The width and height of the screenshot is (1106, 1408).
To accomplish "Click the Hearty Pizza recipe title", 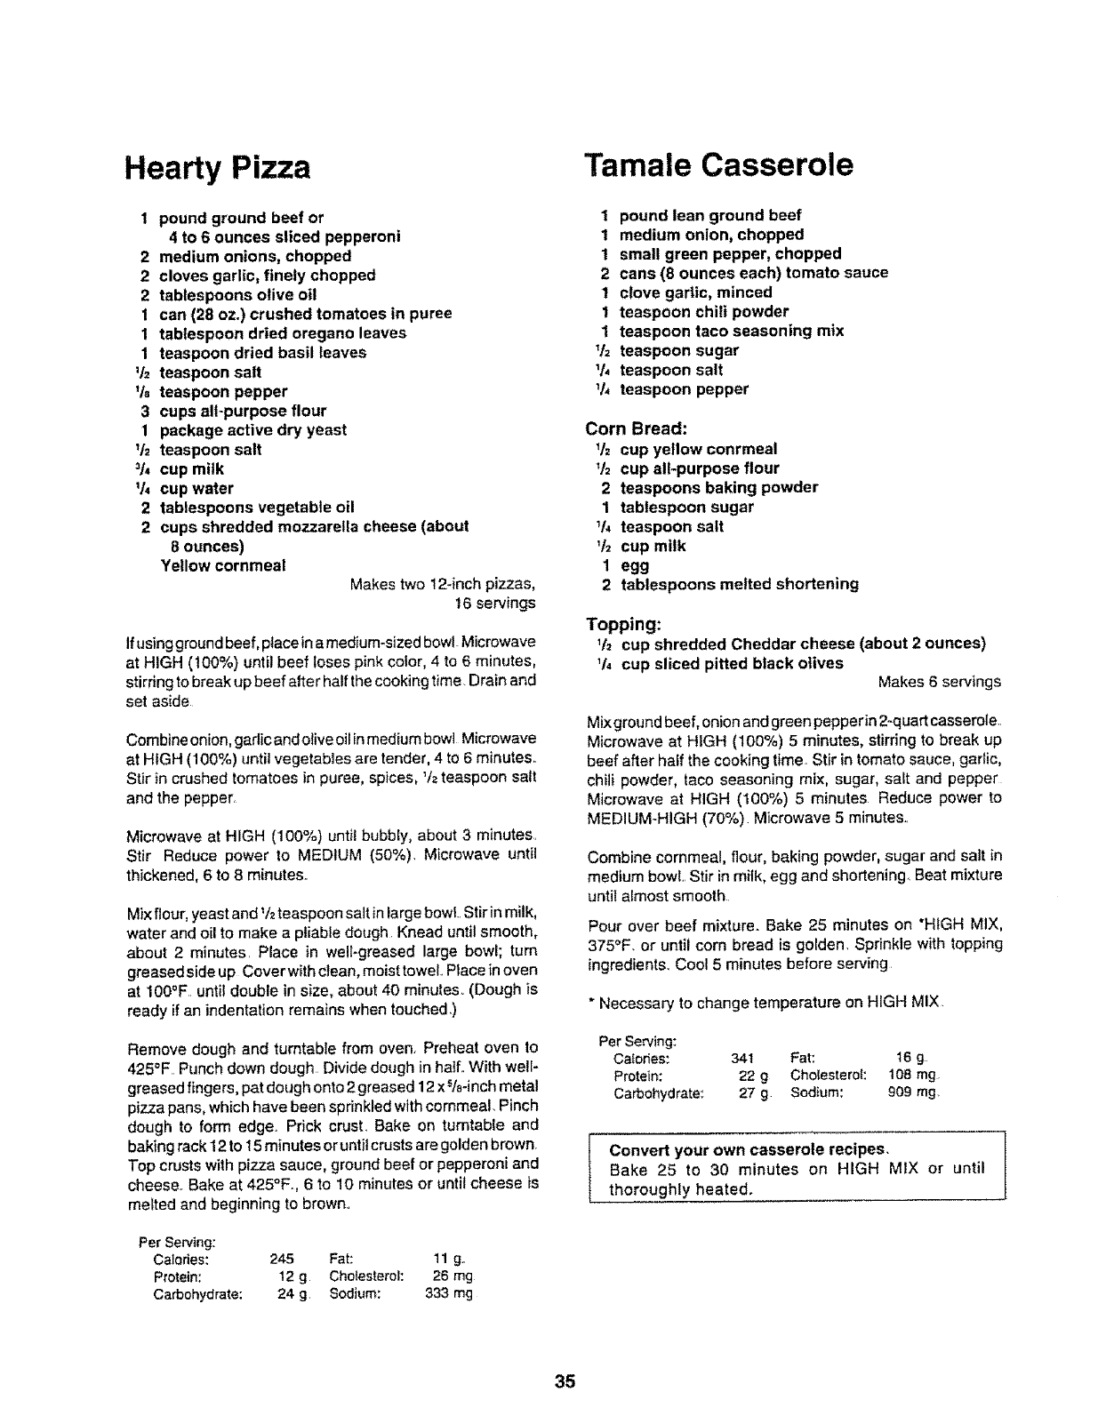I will tap(218, 167).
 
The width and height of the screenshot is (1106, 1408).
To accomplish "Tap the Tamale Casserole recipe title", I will tap(718, 164).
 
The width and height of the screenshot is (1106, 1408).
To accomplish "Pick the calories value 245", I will tap(281, 1259).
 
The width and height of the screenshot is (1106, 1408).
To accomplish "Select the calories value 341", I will tap(741, 1058).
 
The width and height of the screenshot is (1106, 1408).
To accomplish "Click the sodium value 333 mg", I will tap(450, 1294).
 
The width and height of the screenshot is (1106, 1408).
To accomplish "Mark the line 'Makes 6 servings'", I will tap(939, 683).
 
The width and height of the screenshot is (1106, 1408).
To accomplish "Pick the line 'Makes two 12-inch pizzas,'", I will tap(443, 585).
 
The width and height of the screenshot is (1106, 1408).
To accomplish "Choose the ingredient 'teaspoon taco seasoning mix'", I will tap(731, 332).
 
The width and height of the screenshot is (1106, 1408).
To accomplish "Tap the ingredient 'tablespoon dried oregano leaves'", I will tap(282, 333).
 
